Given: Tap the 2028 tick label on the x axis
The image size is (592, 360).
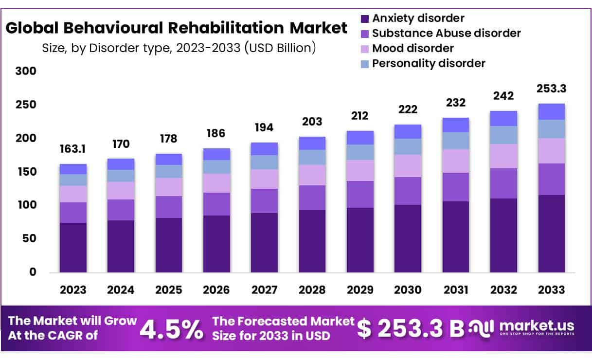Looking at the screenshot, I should (x=312, y=290).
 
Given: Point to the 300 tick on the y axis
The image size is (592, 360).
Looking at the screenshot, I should (x=26, y=72).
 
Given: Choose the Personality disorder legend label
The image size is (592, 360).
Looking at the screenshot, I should (x=429, y=63).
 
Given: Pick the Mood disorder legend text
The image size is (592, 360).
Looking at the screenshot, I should (x=413, y=48).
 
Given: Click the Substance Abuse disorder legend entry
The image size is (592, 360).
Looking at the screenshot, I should (x=446, y=33).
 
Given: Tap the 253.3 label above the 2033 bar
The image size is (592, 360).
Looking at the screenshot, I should (x=552, y=89).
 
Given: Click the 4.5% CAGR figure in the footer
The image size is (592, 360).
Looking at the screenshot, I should (x=172, y=329).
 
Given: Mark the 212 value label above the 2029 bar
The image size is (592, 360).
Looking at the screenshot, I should (x=359, y=116).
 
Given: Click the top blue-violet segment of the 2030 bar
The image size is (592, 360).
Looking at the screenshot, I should (x=408, y=131).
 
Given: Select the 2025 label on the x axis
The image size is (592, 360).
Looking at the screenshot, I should (x=168, y=290).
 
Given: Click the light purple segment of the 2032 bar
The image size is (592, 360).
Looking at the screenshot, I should (x=503, y=156).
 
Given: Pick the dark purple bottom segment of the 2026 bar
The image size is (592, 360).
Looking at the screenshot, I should (x=216, y=244).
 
